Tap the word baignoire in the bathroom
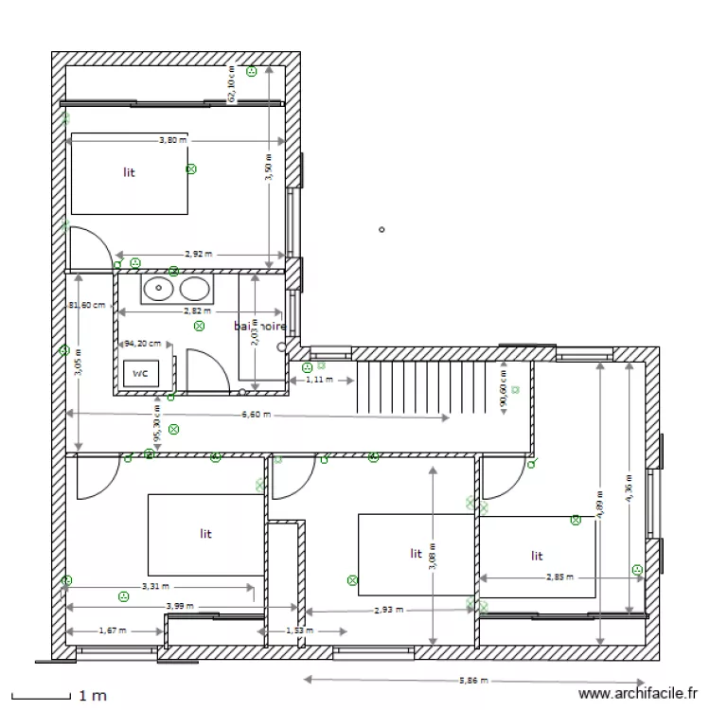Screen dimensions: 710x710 [259, 326]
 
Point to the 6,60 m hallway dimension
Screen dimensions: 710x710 [256, 415]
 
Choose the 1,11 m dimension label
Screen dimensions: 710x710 [321, 379]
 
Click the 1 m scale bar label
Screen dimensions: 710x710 [92, 696]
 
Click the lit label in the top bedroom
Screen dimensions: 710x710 [129, 172]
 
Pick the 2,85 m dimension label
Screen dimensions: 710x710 [559, 577]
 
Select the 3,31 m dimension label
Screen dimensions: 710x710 [156, 586]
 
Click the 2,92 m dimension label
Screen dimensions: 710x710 [198, 254]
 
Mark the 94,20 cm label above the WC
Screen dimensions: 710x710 [142, 344]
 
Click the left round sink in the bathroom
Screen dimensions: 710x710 [157, 288]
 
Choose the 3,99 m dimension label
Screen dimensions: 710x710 [179, 606]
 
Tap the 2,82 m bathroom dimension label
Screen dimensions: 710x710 [197, 311]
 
